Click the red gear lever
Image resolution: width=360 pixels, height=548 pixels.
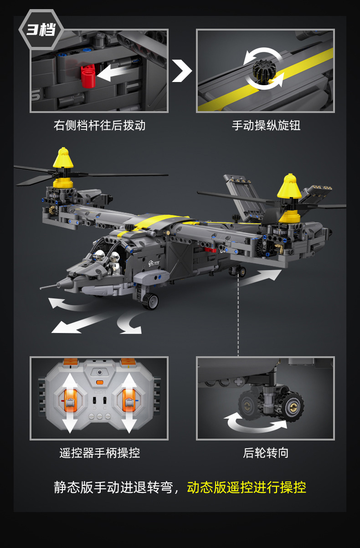pos(88,76)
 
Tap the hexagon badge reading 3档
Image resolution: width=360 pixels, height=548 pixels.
pos(41,30)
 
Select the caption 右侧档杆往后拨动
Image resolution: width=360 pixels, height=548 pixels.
pos(99,126)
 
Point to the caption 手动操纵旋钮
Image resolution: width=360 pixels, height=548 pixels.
pos(266,126)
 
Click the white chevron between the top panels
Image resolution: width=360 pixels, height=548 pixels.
pos(182,71)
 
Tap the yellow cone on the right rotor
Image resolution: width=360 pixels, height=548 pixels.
pos(289,186)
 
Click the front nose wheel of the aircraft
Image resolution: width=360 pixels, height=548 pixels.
pos(150,301)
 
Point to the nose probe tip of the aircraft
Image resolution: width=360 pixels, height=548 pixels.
pos(41,288)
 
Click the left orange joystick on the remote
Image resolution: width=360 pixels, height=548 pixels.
pos(70,400)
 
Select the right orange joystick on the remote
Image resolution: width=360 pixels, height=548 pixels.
pos(129,400)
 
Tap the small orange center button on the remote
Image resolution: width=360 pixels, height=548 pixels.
pos(100,382)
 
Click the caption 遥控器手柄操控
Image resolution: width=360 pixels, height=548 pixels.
pos(100,453)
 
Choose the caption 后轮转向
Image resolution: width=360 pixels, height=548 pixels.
pos(266,453)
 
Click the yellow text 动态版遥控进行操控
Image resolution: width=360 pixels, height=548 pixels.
pos(247,487)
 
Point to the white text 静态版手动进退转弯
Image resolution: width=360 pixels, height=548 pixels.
pos(113,487)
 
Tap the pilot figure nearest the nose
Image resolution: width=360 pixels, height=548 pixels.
pos(98,256)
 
